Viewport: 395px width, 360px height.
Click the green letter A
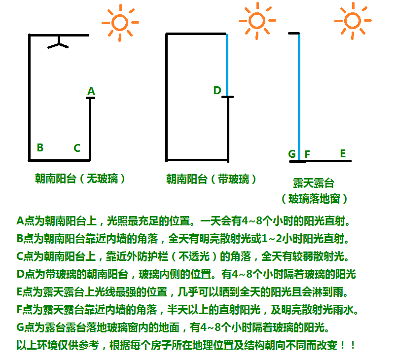91,91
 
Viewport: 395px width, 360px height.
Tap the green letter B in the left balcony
40,147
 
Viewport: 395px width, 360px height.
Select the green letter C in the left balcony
77,148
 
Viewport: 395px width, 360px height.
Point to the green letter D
217,90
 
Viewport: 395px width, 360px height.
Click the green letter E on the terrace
343,153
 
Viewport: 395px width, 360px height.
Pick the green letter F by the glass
307,154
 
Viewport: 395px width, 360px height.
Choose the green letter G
292,154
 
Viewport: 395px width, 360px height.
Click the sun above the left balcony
120,23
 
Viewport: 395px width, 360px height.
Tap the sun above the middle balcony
257,21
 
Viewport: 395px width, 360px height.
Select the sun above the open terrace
353,21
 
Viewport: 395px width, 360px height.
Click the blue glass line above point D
227,65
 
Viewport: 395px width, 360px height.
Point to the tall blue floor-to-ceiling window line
299,97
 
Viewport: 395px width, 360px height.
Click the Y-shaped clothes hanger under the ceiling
58,43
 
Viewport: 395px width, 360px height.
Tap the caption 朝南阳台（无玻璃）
80,179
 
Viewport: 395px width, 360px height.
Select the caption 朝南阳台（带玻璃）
211,179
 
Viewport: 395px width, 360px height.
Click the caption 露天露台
314,183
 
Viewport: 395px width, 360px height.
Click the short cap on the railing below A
90,98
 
